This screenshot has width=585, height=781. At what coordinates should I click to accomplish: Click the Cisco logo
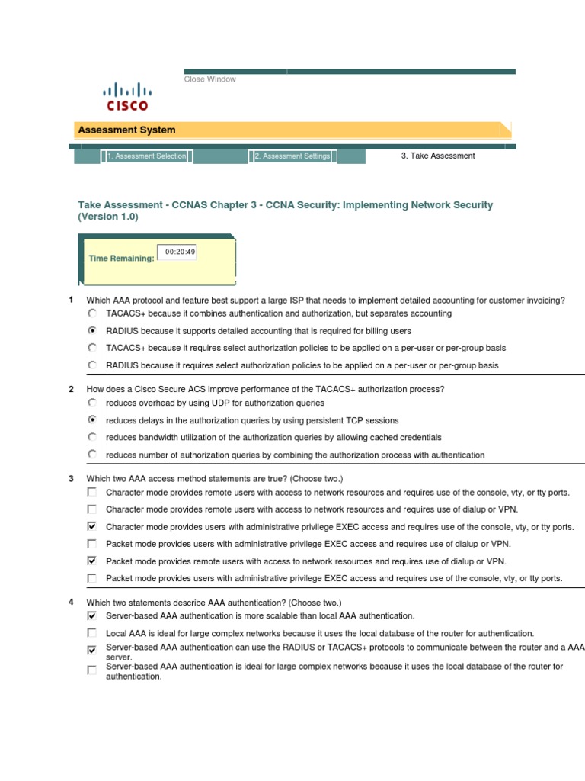point(126,96)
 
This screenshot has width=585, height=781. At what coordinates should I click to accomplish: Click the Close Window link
point(209,79)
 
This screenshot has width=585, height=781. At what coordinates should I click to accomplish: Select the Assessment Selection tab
point(146,156)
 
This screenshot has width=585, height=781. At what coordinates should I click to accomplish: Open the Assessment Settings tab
point(292,156)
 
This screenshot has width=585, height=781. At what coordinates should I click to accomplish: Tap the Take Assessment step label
point(437,156)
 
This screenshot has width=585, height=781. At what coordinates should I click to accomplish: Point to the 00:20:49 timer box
point(177,252)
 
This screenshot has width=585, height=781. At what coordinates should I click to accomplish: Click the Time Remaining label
point(121,259)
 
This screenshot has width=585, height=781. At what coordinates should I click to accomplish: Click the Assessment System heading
point(126,130)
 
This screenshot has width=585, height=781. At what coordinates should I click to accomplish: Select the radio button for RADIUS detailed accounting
point(92,331)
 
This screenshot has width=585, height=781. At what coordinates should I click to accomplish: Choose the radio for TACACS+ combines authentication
point(92,313)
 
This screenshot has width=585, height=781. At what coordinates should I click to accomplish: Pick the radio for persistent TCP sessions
point(92,420)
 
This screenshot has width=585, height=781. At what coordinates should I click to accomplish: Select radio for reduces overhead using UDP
point(92,403)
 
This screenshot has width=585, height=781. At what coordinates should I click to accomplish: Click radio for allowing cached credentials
point(92,438)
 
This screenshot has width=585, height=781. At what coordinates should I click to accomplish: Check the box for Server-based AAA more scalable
point(92,615)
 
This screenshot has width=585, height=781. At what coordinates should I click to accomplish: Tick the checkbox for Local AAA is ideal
point(92,633)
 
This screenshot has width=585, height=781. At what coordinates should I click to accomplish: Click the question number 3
point(71,479)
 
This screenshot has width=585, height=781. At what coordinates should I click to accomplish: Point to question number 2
point(71,389)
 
